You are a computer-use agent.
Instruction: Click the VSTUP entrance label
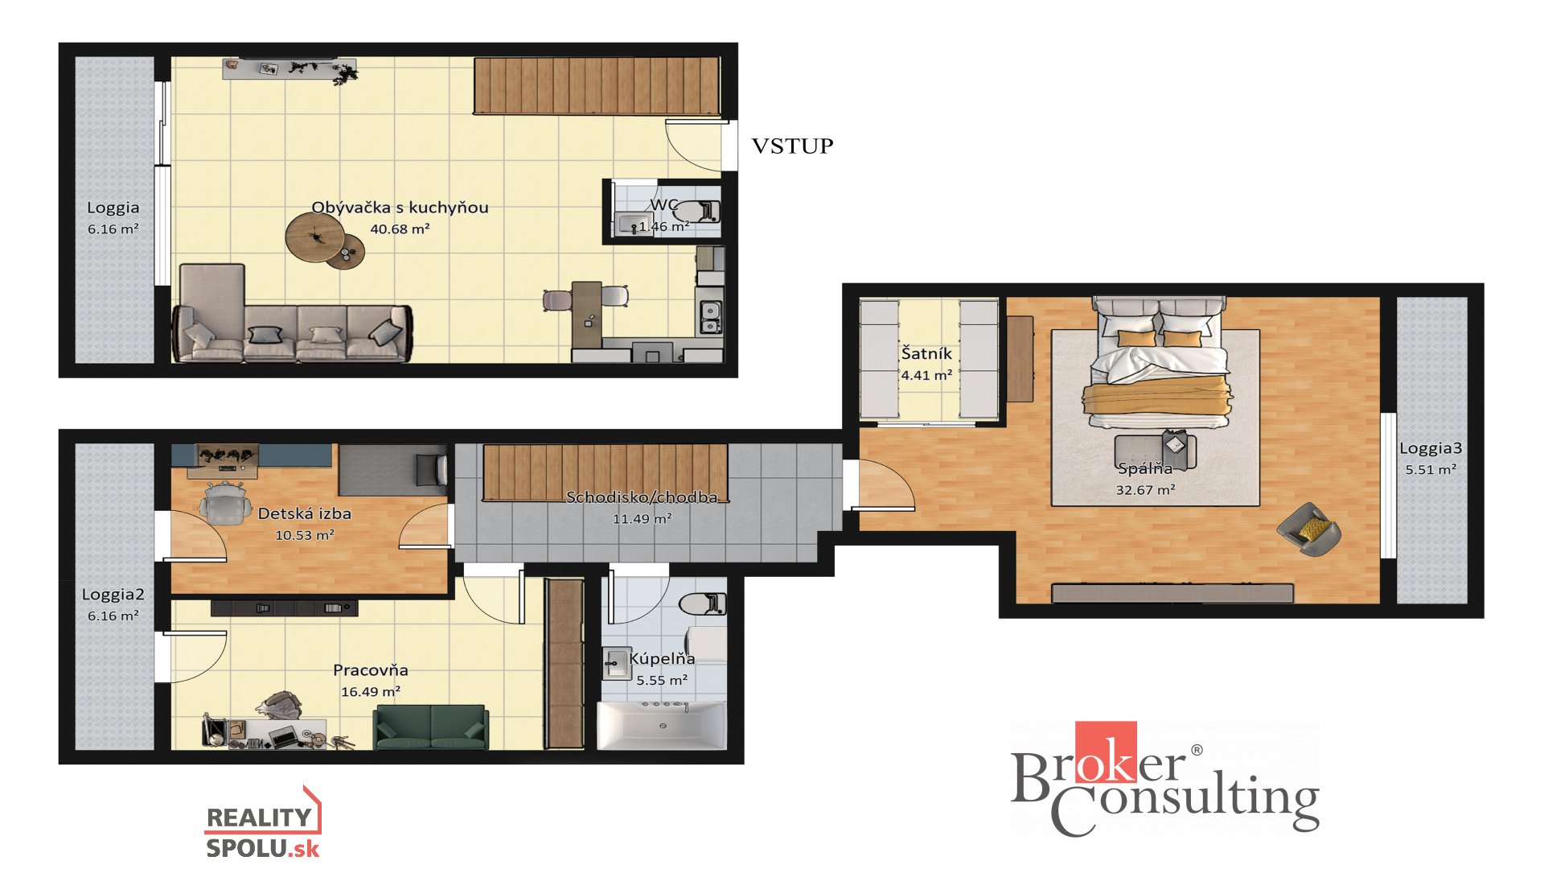click(x=792, y=146)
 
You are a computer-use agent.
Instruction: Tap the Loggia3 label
click(x=1431, y=448)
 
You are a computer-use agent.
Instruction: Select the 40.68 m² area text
click(x=400, y=229)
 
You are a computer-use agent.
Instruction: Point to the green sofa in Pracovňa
click(x=431, y=727)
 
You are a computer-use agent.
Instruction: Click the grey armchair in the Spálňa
click(x=1309, y=529)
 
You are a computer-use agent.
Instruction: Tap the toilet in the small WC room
click(x=696, y=212)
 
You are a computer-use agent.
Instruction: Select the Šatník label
click(x=926, y=353)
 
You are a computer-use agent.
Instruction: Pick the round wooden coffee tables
click(x=325, y=241)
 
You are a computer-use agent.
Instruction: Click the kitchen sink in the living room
click(x=710, y=316)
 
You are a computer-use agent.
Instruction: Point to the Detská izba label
click(x=304, y=513)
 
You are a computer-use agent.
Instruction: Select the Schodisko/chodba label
click(x=642, y=497)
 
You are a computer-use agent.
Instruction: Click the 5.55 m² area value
click(x=662, y=680)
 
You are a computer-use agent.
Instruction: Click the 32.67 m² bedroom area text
click(x=1145, y=489)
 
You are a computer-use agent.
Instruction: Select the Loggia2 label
click(x=113, y=595)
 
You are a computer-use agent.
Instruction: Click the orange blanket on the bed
click(x=1156, y=398)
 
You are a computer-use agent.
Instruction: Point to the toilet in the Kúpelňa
click(x=702, y=603)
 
